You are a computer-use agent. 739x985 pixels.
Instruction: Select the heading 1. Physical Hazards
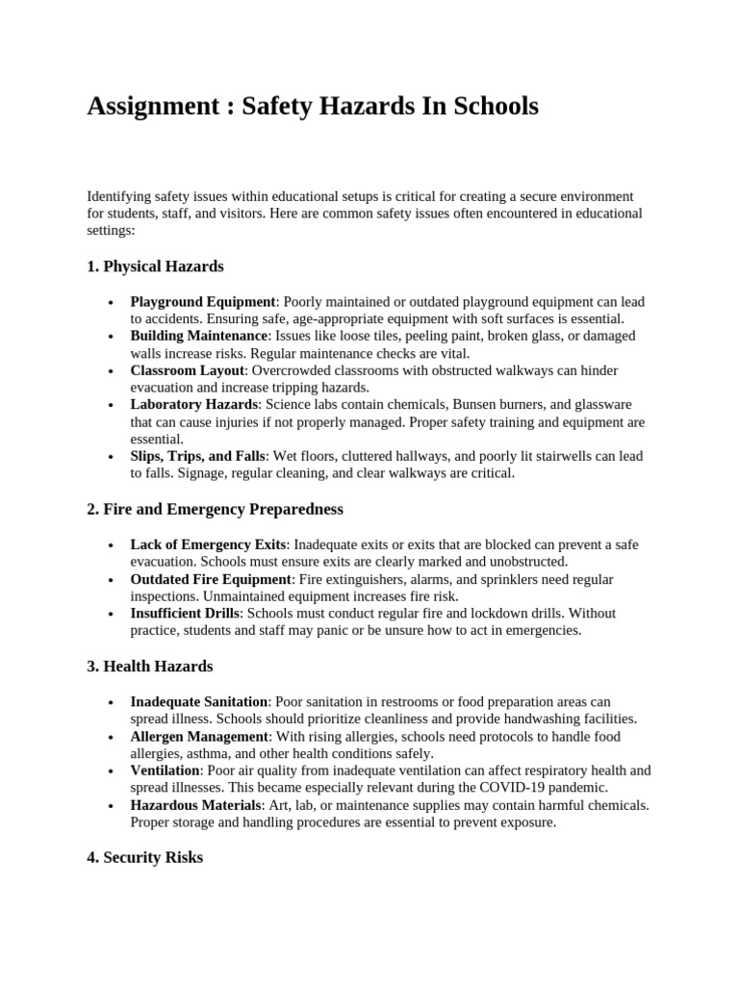(155, 265)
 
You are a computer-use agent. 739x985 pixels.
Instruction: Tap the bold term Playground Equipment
(203, 302)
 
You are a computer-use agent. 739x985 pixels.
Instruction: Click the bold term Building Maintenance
(199, 336)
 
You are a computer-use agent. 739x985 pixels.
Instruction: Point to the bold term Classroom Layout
(189, 370)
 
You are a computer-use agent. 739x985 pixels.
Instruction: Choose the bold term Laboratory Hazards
(194, 405)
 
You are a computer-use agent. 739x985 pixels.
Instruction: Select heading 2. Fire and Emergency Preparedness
(215, 508)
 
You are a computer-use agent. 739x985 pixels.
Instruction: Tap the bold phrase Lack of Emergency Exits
(208, 544)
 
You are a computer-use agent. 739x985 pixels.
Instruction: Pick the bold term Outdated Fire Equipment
(211, 579)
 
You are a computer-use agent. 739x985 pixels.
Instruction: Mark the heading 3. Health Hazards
(150, 666)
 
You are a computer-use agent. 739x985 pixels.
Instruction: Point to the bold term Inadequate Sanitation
(199, 702)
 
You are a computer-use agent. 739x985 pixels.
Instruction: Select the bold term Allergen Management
(197, 736)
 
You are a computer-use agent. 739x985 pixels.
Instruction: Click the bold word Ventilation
(165, 770)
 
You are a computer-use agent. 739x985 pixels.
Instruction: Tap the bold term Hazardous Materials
(195, 804)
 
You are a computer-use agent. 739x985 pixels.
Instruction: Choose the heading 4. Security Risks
(144, 857)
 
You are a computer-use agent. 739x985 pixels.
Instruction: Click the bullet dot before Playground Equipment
(114, 303)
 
